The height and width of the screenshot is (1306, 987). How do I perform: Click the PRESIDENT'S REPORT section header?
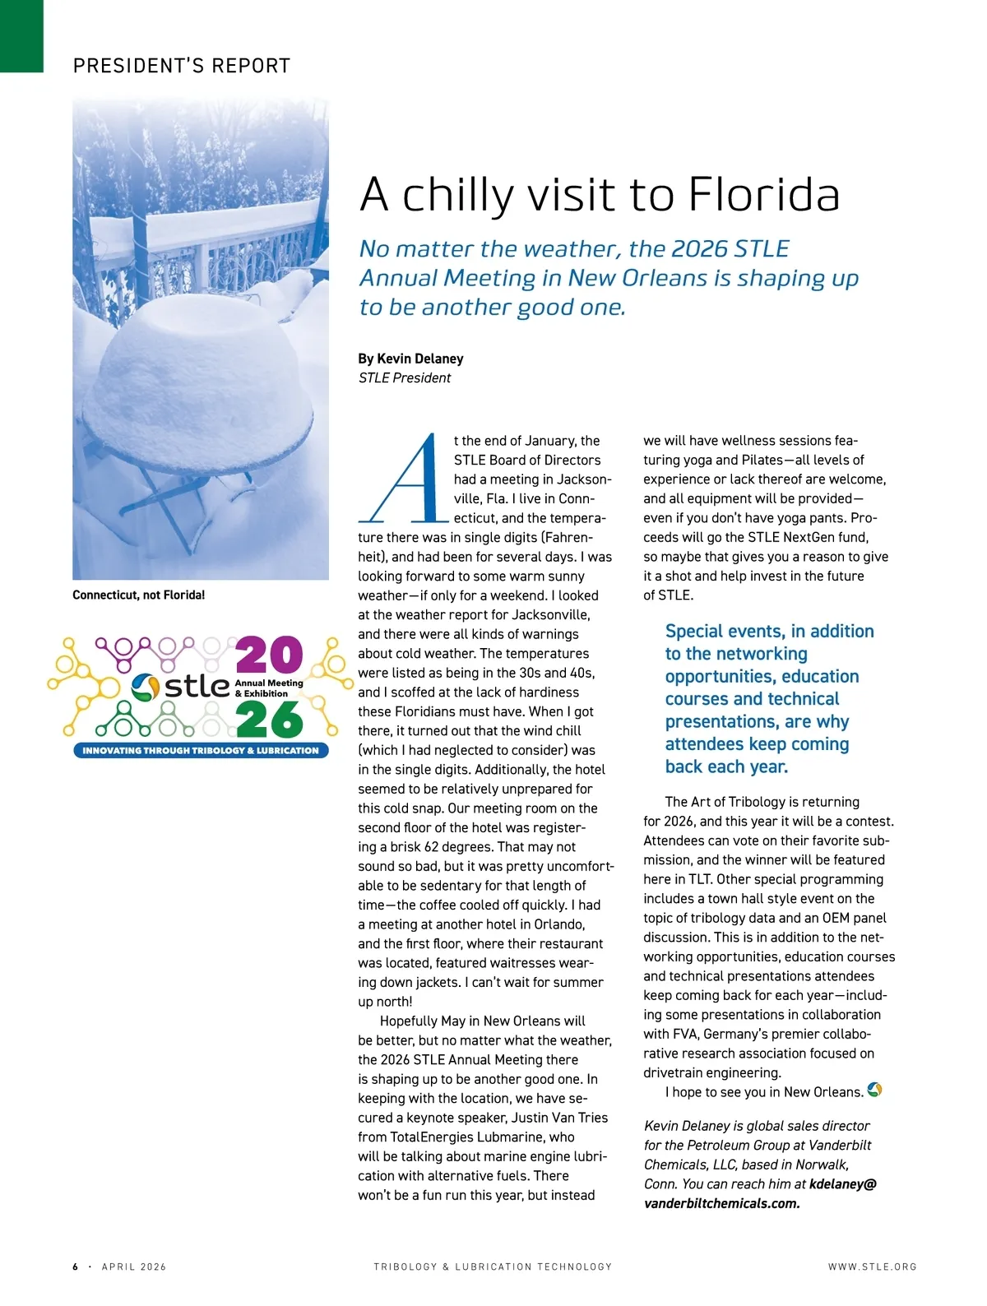coord(182,66)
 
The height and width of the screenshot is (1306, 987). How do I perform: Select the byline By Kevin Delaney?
coord(410,359)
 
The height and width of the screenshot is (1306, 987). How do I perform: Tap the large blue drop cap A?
coord(404,479)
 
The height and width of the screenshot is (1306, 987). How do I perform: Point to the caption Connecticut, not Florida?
coord(138,595)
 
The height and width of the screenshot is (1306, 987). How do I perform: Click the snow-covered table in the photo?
coord(197,395)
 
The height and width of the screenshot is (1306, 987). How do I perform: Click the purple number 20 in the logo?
coord(269,655)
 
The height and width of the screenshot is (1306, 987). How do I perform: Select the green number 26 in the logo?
coord(269,720)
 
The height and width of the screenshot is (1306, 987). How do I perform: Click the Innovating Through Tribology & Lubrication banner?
coord(201,750)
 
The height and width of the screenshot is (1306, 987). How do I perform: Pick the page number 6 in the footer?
coord(76,1267)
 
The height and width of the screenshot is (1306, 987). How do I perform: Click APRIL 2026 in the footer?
coord(134,1267)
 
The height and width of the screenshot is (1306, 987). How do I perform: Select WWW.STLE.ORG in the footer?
coord(872,1267)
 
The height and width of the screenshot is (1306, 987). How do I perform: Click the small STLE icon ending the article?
coord(874,1091)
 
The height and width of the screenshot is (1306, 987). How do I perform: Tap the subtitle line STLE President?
coord(405,378)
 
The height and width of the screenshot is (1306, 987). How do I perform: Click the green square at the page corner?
coord(21,36)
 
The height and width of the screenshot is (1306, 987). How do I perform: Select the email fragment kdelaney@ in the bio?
coord(843,1184)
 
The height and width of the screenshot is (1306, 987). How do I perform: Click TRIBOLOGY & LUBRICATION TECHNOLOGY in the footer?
coord(493,1267)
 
